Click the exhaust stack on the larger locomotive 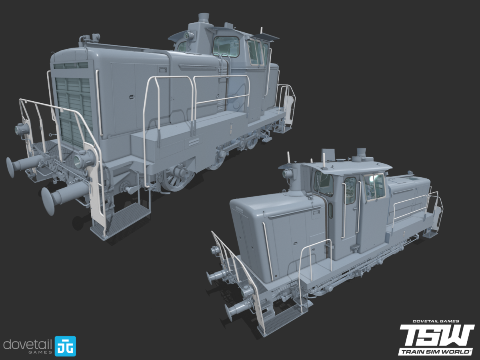204,18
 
